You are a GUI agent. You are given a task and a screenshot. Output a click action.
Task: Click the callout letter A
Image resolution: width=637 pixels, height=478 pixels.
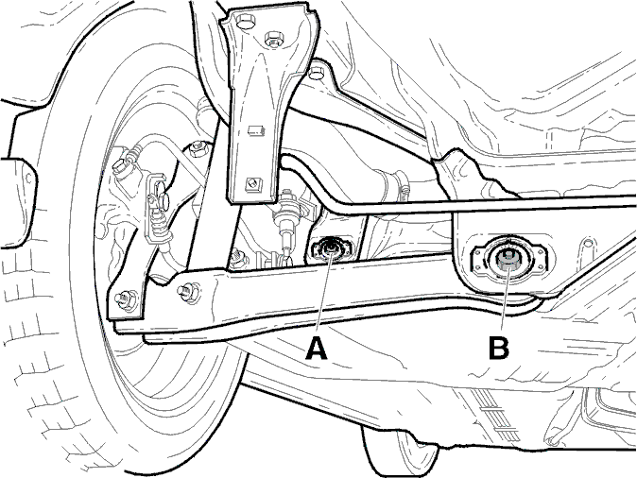(317, 349)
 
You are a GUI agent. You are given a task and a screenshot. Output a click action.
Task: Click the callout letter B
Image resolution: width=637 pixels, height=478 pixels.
(499, 349)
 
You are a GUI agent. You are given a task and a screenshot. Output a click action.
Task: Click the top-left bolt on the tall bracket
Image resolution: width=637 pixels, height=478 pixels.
(243, 22)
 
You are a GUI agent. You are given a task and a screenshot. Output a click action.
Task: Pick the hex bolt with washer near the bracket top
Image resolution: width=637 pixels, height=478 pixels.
(274, 40)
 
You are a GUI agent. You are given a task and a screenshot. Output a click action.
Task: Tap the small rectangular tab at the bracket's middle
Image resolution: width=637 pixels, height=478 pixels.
(256, 130)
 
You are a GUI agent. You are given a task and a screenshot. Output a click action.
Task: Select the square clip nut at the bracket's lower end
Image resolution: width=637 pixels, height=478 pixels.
(253, 185)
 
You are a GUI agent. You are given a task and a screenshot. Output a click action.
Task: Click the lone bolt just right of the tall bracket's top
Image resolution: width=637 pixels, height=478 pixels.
(315, 75)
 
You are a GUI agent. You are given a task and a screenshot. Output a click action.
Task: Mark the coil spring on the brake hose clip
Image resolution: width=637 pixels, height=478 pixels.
(159, 226)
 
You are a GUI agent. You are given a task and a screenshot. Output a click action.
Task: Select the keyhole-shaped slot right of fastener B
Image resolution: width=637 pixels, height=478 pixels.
(587, 248)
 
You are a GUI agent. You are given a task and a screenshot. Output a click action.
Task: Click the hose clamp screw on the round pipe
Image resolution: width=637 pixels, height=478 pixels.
(404, 189)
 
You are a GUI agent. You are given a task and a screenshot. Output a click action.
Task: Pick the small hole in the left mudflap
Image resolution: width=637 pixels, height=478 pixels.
(28, 178)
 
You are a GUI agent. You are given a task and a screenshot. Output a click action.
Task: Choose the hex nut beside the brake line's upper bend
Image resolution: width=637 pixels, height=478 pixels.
(198, 148)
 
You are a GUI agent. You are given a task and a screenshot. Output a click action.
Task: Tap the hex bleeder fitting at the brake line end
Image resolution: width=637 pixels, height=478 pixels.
(121, 166)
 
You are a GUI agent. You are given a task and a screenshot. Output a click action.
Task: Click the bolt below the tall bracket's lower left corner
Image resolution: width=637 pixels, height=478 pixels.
(236, 258)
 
